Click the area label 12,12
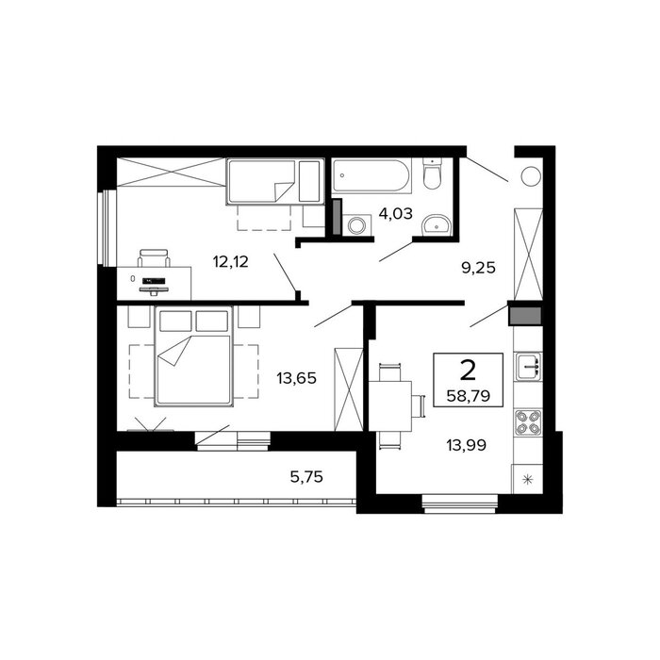(231, 262)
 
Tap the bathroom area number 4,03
(396, 214)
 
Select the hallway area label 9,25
(479, 268)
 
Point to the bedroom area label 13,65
(296, 378)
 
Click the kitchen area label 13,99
(467, 445)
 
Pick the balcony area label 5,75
(306, 477)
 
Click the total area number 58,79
(468, 396)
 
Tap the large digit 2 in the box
(468, 371)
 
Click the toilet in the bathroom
(432, 173)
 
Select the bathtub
(371, 175)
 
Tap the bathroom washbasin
(437, 224)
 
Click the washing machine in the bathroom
(357, 225)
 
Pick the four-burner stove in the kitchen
(528, 422)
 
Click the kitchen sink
(529, 367)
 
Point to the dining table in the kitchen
(390, 405)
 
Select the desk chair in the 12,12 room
(154, 257)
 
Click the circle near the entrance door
(531, 176)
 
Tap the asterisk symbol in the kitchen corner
(527, 479)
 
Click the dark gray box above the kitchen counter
(525, 316)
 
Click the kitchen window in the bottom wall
(460, 503)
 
